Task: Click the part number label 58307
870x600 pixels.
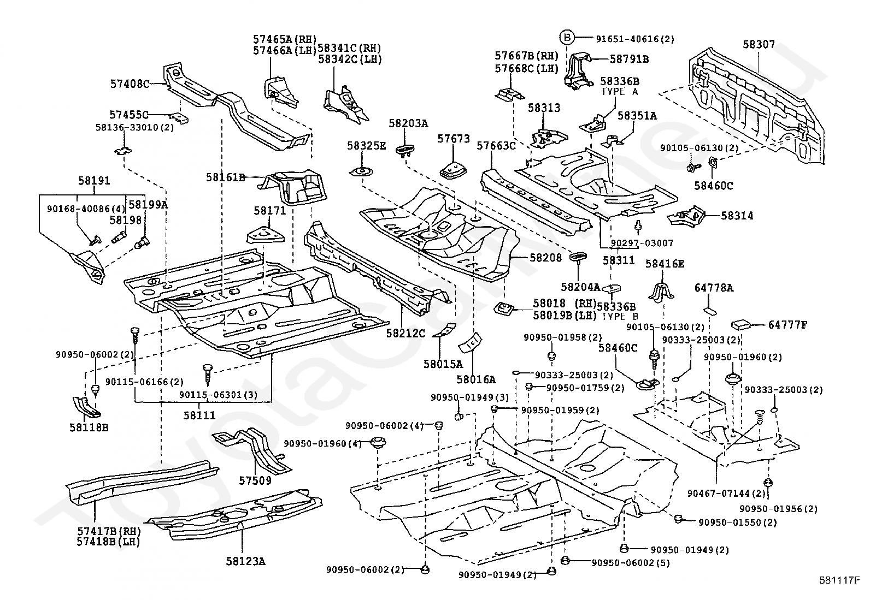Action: coord(759,44)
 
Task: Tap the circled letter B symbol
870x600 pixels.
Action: coord(568,38)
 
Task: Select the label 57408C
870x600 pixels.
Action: coord(130,84)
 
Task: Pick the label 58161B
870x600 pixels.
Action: coord(225,177)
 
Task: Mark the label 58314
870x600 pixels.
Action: coord(737,216)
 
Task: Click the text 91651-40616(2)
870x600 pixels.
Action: coord(634,39)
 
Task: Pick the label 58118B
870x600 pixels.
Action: coord(89,427)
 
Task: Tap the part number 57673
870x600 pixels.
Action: coord(454,139)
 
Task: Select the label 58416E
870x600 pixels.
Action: coord(665,264)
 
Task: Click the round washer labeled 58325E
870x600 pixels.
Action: coord(361,172)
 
